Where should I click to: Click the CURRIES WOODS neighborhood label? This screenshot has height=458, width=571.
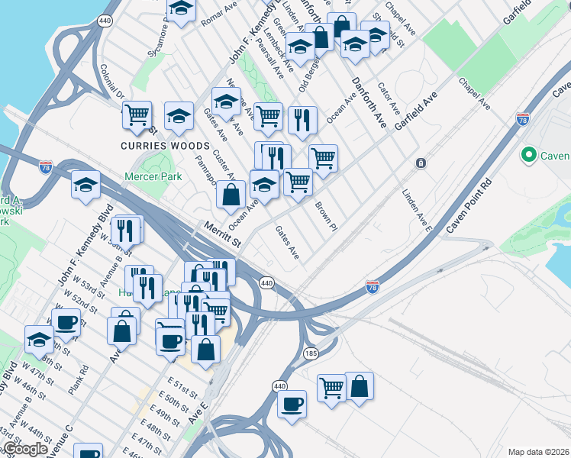pos(164,146)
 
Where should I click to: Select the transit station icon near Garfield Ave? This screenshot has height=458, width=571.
pos(420,163)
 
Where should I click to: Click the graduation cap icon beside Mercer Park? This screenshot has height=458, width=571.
pos(85,184)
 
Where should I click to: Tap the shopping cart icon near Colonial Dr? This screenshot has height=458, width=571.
pos(137,114)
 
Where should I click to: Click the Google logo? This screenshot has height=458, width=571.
pos(25,449)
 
